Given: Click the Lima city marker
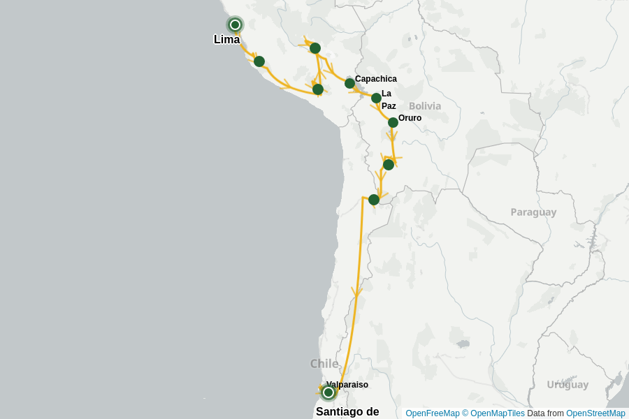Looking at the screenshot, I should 235,25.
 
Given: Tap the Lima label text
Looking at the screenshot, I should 226,40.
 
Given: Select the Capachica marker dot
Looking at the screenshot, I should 349,84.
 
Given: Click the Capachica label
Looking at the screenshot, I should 375,79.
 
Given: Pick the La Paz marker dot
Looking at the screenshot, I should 376,98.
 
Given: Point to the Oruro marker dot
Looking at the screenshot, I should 393,123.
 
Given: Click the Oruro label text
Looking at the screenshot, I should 410,118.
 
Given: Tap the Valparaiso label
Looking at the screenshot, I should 347,385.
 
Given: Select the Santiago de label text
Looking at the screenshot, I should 347,411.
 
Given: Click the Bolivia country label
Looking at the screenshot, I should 425,106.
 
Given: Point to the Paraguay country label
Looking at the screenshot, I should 533,212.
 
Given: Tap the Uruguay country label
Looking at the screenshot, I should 567,385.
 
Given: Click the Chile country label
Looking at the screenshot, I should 324,363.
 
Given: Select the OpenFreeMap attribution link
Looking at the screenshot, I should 432,413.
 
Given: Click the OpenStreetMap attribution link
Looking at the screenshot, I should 595,413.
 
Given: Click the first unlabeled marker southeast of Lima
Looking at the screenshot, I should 259,61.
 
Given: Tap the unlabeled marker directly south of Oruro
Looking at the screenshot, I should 389,165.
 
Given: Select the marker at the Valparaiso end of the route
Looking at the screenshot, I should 328,392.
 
